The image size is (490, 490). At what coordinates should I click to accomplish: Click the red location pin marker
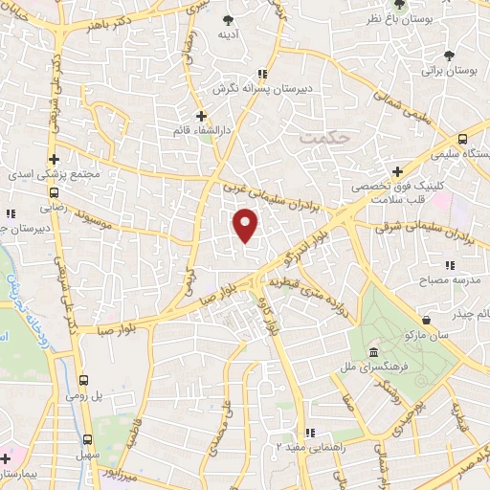pos(247,226)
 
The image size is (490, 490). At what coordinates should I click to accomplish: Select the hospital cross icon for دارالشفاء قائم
pos(201,115)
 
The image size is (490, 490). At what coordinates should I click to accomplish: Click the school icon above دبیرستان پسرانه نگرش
pos(262,73)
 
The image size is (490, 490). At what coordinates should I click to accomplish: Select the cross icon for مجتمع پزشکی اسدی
pos(55,159)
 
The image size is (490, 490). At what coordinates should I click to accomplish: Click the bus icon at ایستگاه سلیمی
pos(464,139)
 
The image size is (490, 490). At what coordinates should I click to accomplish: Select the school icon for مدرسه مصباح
pos(448,265)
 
